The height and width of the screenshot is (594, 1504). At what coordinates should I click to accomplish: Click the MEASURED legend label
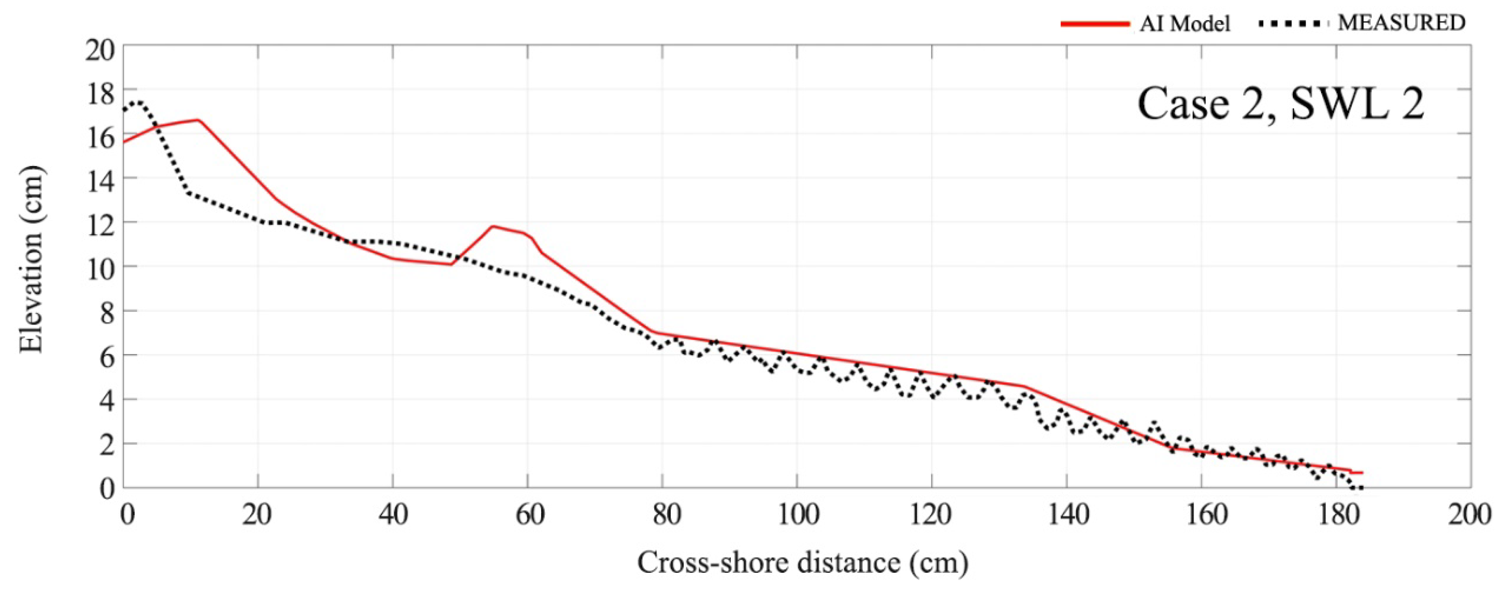click(1401, 23)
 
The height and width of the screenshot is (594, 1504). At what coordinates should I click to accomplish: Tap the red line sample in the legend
click(1095, 24)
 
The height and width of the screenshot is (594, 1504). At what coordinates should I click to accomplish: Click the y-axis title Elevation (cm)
click(32, 260)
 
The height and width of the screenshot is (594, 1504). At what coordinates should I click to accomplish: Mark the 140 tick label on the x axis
click(1066, 515)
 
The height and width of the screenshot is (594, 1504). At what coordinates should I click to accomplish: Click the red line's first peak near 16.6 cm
click(198, 120)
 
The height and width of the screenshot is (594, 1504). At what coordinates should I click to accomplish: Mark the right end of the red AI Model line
click(1361, 473)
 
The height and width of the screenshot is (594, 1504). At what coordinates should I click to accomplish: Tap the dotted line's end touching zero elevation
click(1360, 488)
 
